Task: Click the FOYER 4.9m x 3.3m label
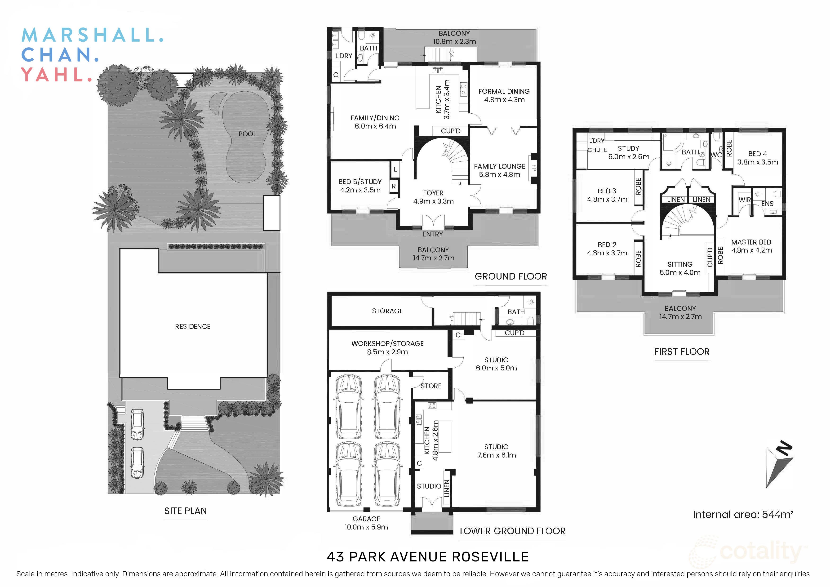433,197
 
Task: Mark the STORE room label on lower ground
431,386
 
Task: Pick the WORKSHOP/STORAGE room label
387,347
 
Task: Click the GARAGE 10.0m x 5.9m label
366,523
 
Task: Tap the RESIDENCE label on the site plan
193,326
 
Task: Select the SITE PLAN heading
186,511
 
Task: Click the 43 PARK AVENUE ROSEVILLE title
428,557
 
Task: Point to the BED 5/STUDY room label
360,185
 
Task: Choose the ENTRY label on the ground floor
433,234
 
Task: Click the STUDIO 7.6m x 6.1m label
496,451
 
